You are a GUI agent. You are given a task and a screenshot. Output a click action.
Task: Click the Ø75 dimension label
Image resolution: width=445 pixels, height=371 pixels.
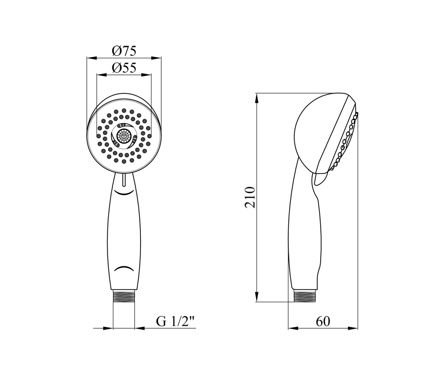[x=124, y=51]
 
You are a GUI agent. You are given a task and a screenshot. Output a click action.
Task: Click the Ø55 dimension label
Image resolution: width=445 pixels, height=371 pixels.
[x=124, y=68]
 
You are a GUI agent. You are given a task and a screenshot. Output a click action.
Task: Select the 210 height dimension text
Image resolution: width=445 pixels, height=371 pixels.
[x=250, y=197]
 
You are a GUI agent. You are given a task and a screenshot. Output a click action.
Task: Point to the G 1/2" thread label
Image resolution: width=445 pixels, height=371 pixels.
[x=176, y=322]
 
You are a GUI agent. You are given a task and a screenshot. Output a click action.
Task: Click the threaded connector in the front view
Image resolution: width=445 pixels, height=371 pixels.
[x=124, y=296]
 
